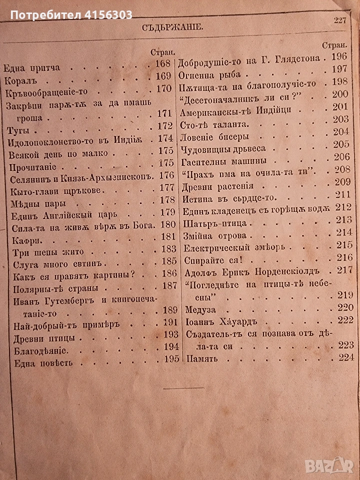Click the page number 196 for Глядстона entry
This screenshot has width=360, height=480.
point(340,57)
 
